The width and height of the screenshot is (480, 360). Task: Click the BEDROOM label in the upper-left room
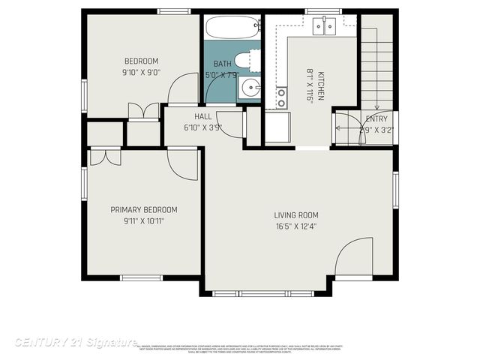(141, 61)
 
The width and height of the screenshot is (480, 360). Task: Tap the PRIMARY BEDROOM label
(144, 210)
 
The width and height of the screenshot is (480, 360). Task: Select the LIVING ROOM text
(296, 215)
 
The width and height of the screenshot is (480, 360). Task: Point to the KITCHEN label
(320, 81)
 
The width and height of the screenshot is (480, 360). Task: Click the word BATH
(222, 64)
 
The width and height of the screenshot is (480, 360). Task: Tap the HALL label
(202, 116)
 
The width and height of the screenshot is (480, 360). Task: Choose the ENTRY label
(376, 118)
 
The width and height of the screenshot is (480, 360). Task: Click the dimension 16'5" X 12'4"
(296, 226)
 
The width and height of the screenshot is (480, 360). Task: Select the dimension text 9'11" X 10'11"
(144, 221)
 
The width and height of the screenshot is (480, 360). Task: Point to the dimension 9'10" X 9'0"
(141, 73)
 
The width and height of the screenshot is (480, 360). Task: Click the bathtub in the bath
(232, 27)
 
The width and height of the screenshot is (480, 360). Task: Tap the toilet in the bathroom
(247, 60)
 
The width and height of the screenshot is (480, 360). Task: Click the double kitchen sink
(325, 26)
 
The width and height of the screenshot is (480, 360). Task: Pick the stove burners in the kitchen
(281, 96)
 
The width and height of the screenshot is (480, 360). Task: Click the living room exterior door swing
(355, 259)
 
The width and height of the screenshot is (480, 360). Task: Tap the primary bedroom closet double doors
(105, 157)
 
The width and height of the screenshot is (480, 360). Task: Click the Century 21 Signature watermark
(75, 343)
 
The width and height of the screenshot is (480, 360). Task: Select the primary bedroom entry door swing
(183, 163)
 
